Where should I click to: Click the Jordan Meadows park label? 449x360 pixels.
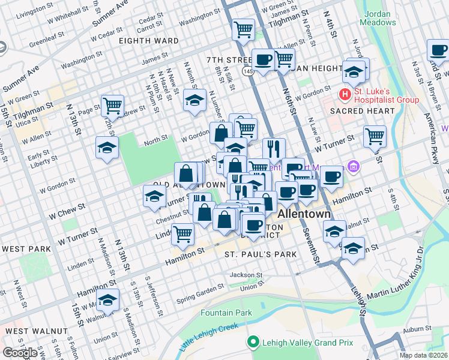pyautogui.click(x=378, y=17)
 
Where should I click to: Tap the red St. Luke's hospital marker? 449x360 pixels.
pyautogui.click(x=345, y=94)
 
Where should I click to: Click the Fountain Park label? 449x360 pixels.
pyautogui.click(x=226, y=313)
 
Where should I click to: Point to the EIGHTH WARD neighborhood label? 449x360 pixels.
pyautogui.click(x=148, y=41)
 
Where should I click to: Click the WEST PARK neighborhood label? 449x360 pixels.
pyautogui.click(x=25, y=249)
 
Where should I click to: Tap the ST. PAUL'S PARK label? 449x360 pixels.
pyautogui.click(x=261, y=255)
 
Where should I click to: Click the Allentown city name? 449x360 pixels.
pyautogui.click(x=304, y=214)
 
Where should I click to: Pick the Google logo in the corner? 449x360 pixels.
pyautogui.click(x=20, y=353)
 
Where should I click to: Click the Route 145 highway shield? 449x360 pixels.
pyautogui.click(x=247, y=71)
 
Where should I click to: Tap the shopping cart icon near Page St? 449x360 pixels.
pyautogui.click(x=112, y=106)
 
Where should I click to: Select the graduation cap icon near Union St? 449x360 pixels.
pyautogui.click(x=108, y=301)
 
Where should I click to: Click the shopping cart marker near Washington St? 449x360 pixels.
pyautogui.click(x=243, y=29)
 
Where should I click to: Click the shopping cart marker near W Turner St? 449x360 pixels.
pyautogui.click(x=375, y=136)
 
